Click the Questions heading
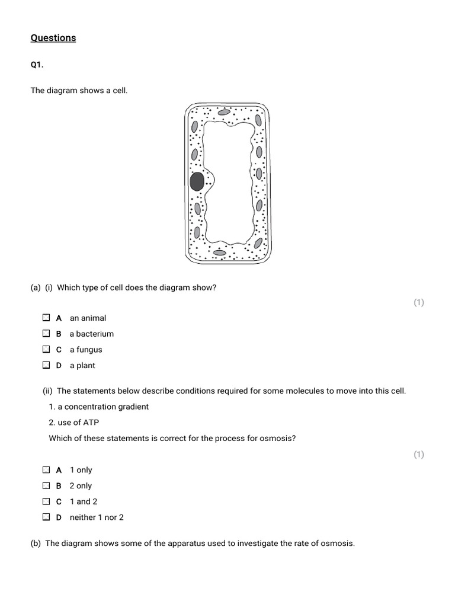53,38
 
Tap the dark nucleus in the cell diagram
197,181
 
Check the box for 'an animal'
46,318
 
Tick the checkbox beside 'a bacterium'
46,334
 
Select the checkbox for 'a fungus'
46,350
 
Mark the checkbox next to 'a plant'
46,366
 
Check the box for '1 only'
46,469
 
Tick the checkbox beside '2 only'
46,485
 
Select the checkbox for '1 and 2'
46,501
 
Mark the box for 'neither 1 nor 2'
46,517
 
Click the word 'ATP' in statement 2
91,423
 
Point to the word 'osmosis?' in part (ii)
278,439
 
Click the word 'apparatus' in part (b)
194,544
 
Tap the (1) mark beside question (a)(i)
419,302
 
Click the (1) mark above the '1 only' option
419,455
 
